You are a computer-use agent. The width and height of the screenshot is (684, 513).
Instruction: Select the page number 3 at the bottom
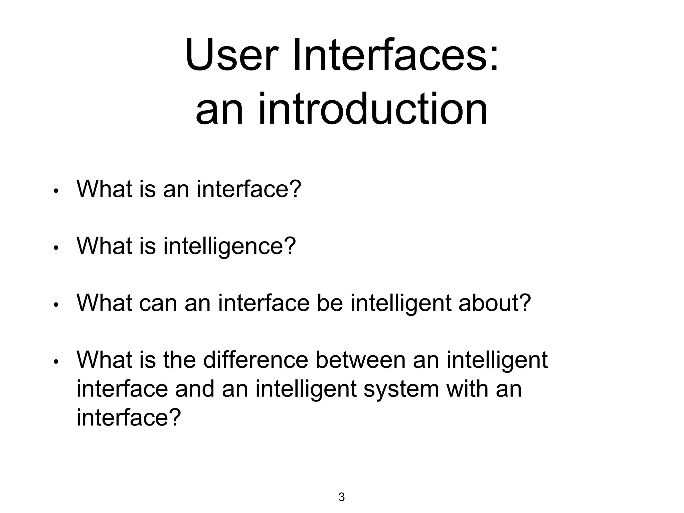341,497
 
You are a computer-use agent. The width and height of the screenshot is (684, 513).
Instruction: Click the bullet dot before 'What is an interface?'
56,191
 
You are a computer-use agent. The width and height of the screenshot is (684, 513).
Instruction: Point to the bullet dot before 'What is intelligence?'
56,248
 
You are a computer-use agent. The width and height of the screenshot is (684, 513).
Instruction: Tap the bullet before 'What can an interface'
56,305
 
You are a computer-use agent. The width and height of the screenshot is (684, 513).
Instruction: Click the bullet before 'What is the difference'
56,362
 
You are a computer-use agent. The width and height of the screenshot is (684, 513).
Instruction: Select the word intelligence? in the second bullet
229,246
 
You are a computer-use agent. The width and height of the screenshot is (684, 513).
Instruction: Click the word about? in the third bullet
495,303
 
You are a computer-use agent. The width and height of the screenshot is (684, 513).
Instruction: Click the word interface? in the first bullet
249,189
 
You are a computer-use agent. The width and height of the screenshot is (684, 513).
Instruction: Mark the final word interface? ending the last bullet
129,417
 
